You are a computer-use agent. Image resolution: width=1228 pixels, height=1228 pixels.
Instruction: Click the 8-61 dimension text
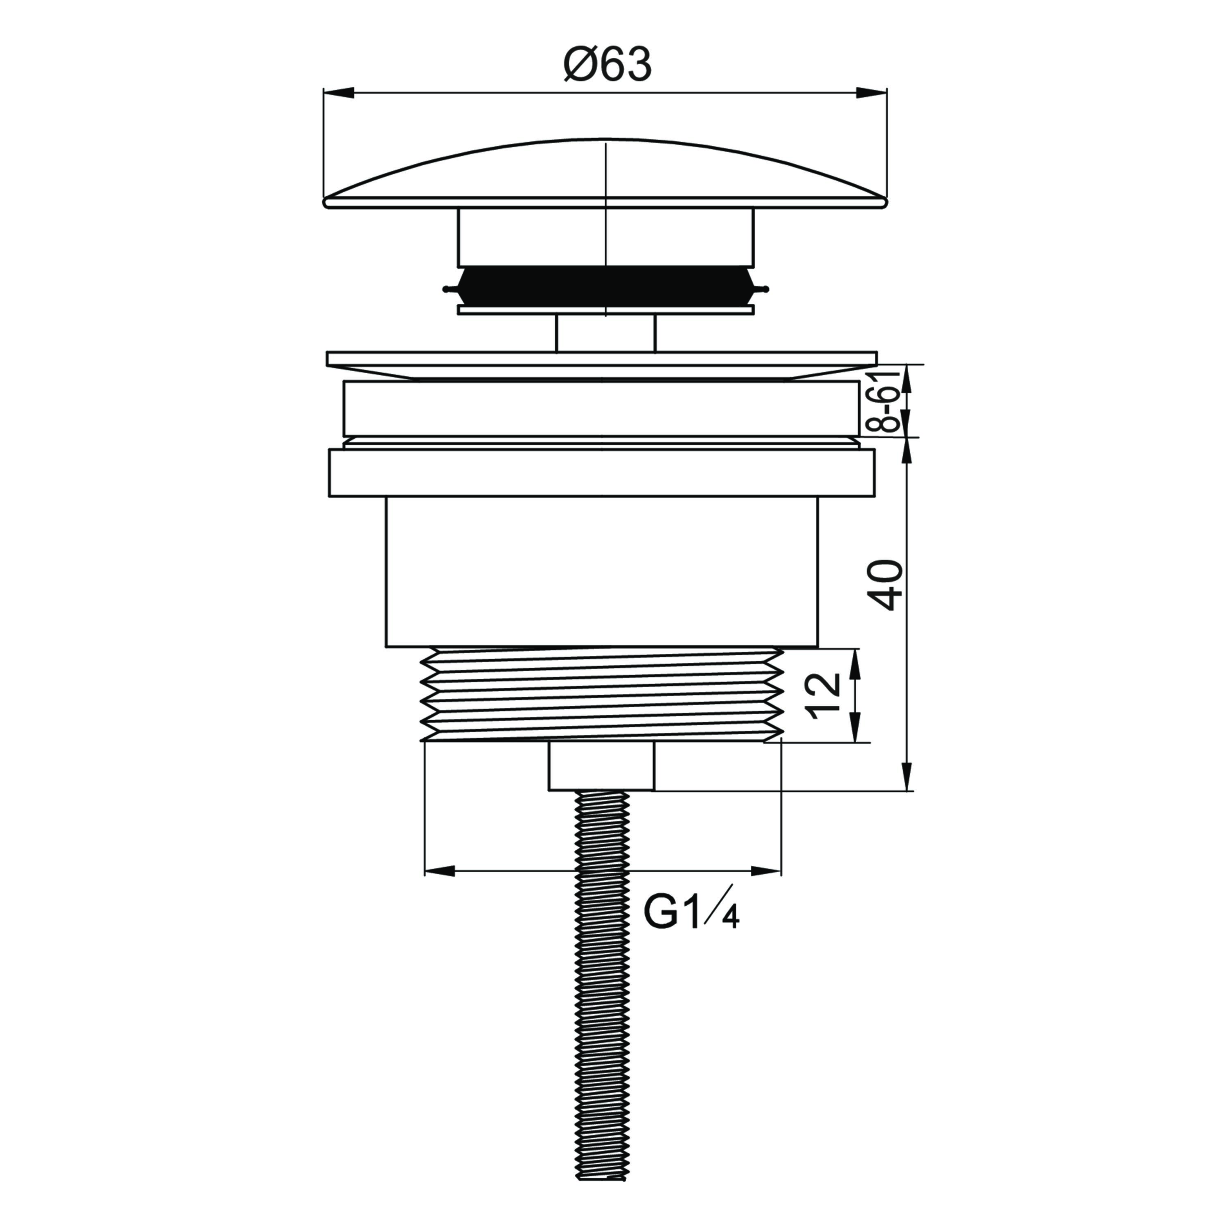click(x=889, y=401)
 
